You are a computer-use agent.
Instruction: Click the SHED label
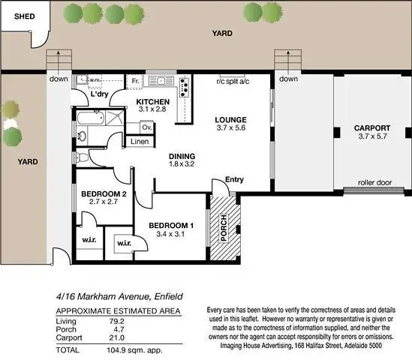point(15,14)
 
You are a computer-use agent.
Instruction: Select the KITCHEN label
point(153,102)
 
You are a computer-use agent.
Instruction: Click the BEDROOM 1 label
point(171,226)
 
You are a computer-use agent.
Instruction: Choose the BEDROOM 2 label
point(102,194)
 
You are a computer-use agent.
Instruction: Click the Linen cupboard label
point(140,142)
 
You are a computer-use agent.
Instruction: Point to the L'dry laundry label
point(101,95)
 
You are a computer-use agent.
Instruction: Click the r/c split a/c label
point(233,81)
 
